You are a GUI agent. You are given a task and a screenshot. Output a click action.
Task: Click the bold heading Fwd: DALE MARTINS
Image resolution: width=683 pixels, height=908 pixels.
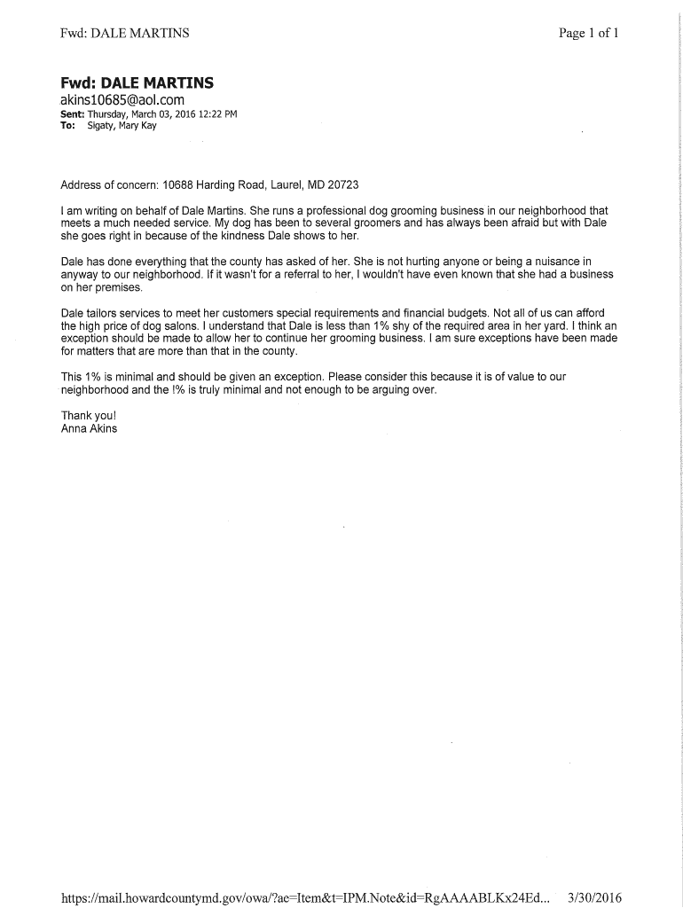point(137,83)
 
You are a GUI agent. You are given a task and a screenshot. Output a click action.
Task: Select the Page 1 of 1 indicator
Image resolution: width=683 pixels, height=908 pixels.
point(588,34)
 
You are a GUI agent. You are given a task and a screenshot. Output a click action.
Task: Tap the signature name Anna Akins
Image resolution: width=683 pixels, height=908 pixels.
point(89,428)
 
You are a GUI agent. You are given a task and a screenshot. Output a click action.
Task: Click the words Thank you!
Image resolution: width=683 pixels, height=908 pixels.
point(88,415)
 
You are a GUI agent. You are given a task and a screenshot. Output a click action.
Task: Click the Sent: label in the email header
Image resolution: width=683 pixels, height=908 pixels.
point(72,114)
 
